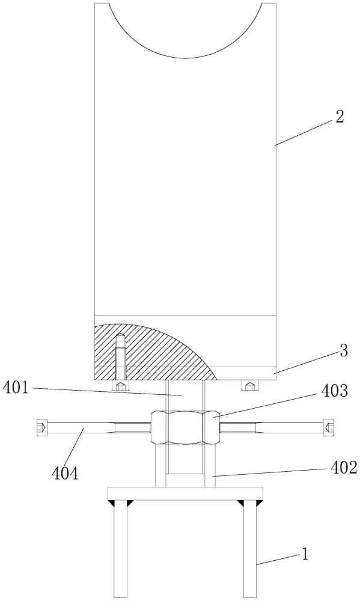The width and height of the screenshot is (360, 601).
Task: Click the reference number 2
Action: point(339,117)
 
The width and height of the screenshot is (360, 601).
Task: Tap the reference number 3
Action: point(343,351)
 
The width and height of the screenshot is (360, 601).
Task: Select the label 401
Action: point(16,388)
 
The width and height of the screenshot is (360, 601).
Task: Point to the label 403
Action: point(335,391)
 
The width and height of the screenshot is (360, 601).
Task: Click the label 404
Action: point(65,474)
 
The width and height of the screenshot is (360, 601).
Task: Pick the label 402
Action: point(344,468)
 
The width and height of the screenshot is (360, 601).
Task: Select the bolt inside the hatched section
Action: point(120,356)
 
